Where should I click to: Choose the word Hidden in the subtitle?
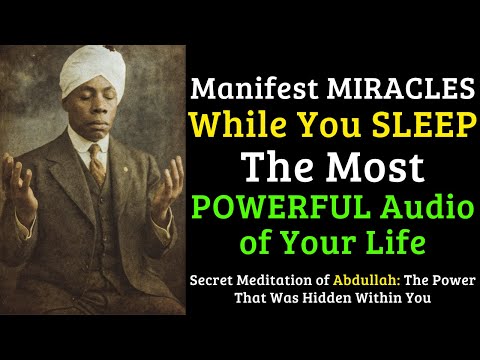click(334, 297)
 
